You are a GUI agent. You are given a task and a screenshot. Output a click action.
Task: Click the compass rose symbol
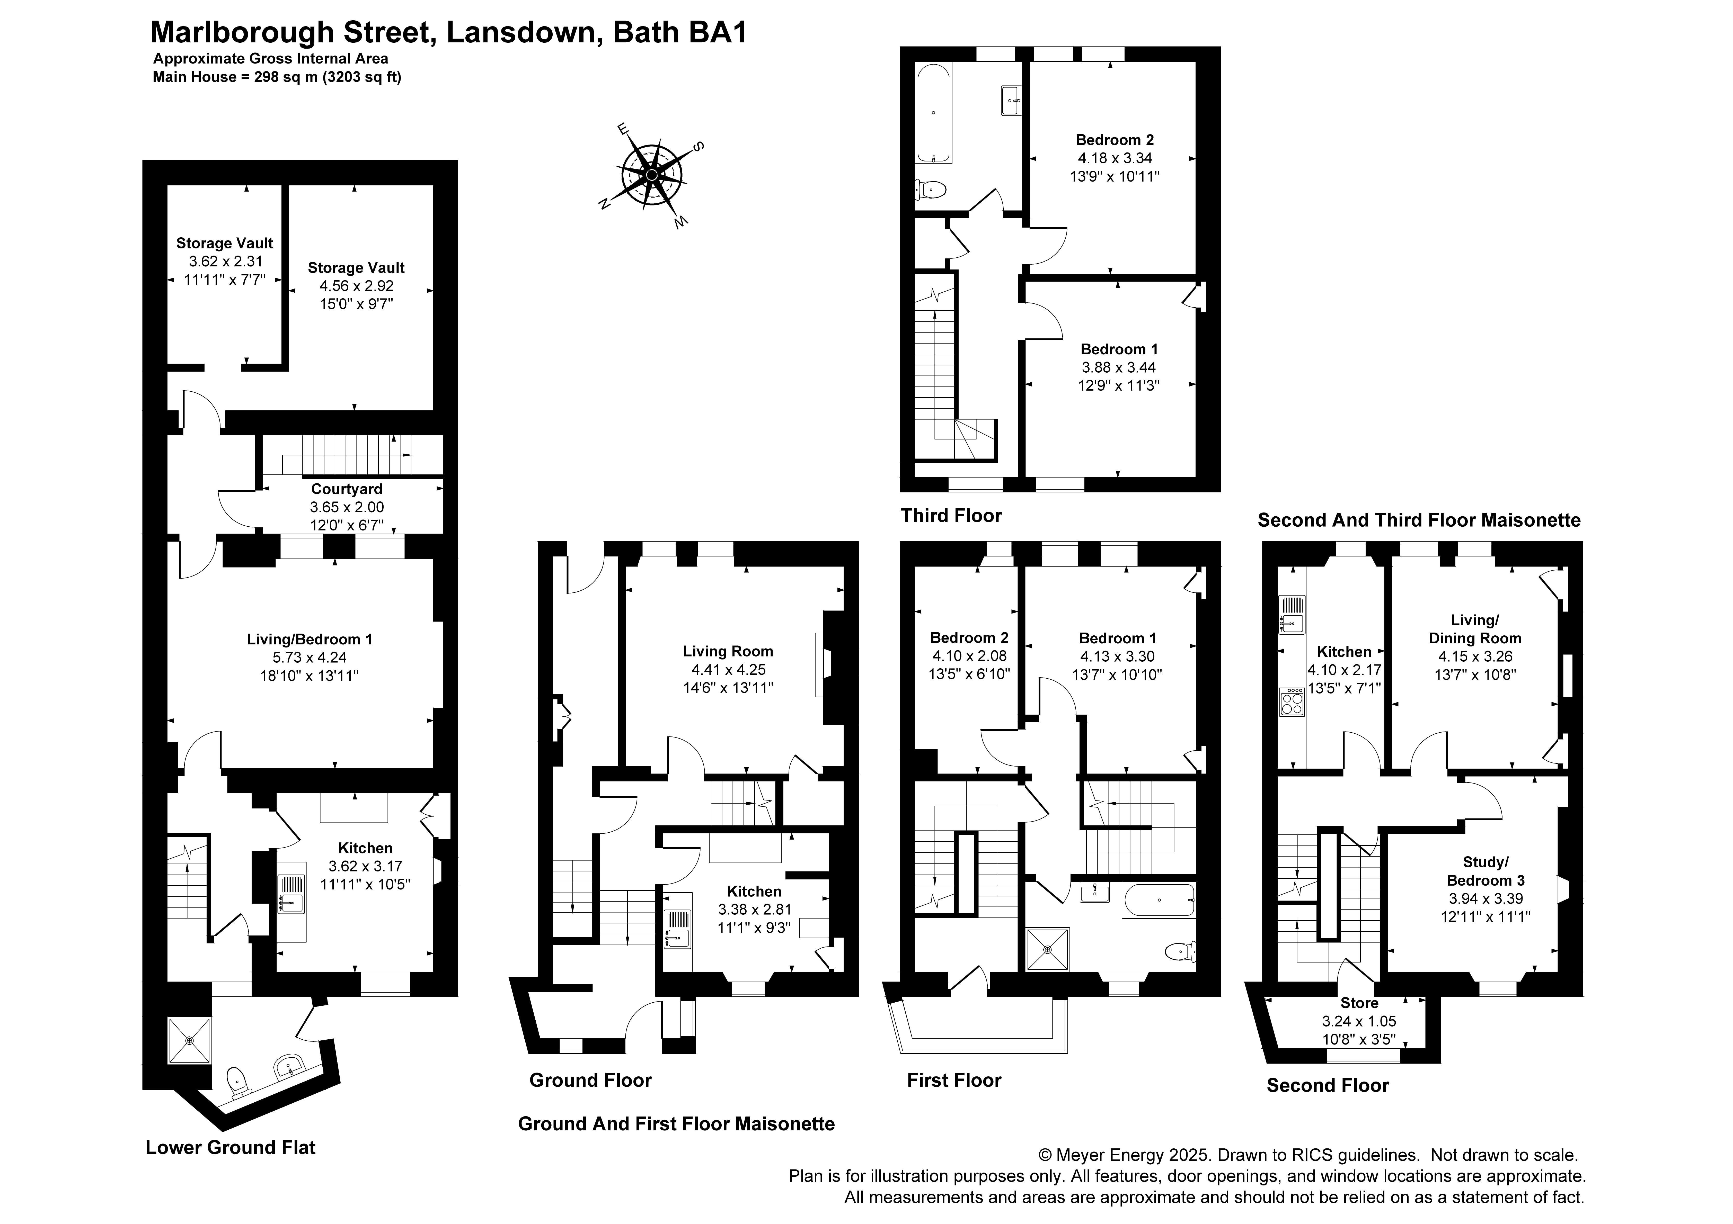pos(651,175)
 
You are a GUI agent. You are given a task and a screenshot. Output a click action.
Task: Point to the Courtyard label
pos(347,489)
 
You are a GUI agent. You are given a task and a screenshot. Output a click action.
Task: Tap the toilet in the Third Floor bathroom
pos(931,189)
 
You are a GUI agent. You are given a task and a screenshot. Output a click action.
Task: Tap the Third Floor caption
pos(951,515)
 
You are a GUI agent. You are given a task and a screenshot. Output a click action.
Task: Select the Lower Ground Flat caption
pos(230,1148)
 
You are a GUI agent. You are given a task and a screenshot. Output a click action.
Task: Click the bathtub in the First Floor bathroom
pos(1158,900)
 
